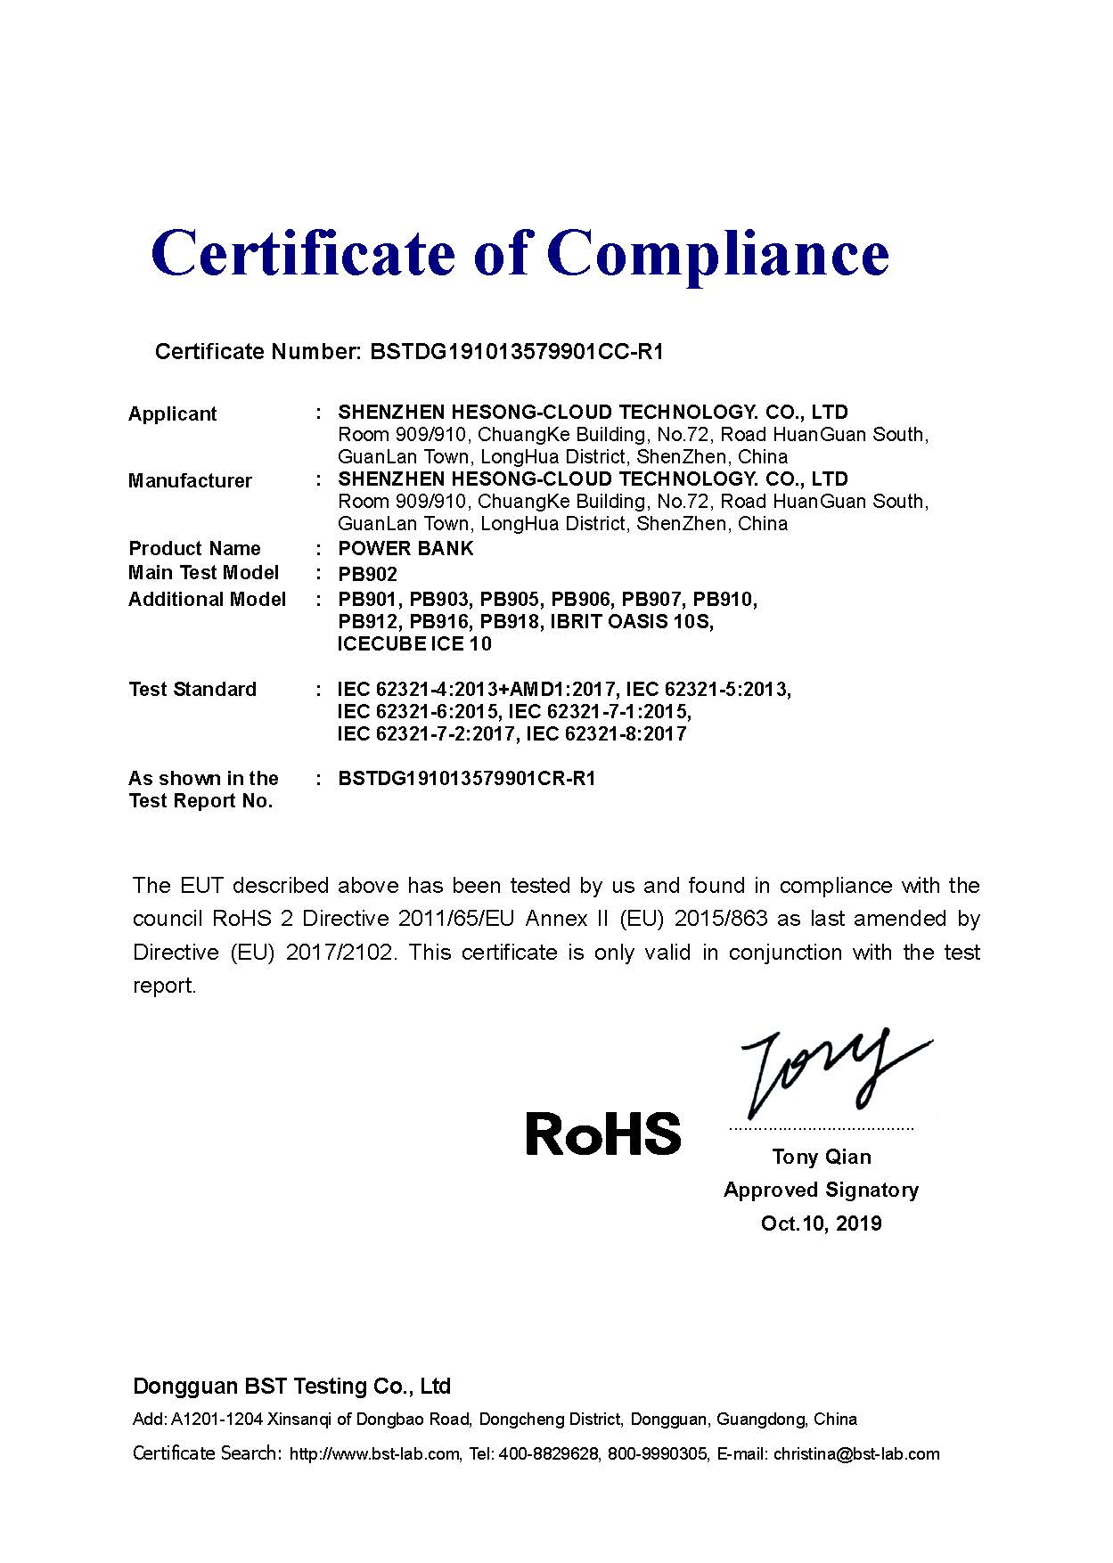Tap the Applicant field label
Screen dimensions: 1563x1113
pyautogui.click(x=173, y=413)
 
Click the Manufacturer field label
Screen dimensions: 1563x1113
pyautogui.click(x=190, y=480)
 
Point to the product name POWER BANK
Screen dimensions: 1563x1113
pyautogui.click(x=405, y=548)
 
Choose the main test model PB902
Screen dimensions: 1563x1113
pyautogui.click(x=367, y=574)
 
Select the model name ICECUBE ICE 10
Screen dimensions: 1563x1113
pyautogui.click(x=414, y=643)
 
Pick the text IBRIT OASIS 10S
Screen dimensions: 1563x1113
pyautogui.click(x=632, y=621)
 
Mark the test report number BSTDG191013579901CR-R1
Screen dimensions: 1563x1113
pyautogui.click(x=466, y=778)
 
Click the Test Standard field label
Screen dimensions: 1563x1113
pyautogui.click(x=192, y=689)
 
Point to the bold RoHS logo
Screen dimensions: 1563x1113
pyautogui.click(x=603, y=1133)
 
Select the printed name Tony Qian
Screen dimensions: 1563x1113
pyautogui.click(x=822, y=1157)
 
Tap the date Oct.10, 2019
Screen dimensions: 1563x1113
pyautogui.click(x=821, y=1223)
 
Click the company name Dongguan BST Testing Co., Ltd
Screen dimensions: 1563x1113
pyautogui.click(x=291, y=1386)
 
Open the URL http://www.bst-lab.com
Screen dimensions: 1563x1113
pyautogui.click(x=374, y=1454)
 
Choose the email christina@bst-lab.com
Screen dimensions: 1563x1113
pyautogui.click(x=856, y=1454)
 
